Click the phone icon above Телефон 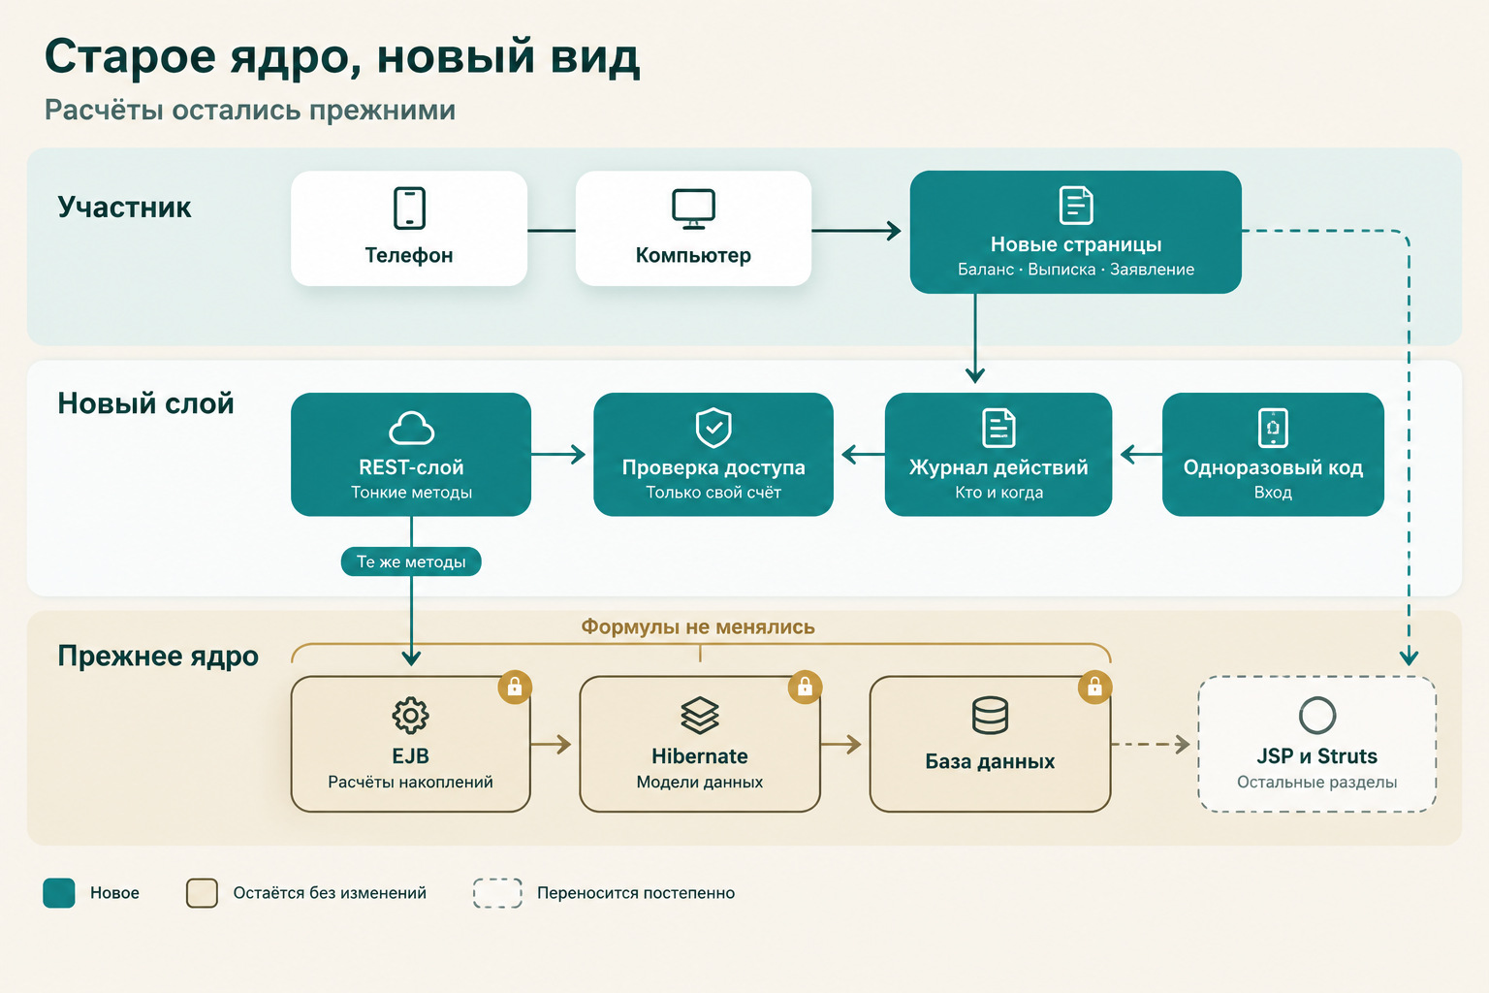(409, 208)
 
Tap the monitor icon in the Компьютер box (693, 208)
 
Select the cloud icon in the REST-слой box (411, 428)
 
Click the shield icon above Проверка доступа (713, 427)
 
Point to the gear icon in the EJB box (410, 715)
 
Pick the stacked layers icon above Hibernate (700, 715)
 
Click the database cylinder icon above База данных (990, 715)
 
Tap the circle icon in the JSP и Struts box (1316, 715)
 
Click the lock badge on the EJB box (515, 687)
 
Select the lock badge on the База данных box (1094, 687)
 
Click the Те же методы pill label (411, 561)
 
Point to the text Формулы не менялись (698, 626)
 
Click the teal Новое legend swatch (58, 892)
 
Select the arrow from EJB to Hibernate (551, 744)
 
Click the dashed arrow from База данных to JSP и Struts (1151, 744)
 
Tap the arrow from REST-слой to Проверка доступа (558, 454)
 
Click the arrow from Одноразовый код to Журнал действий (1141, 455)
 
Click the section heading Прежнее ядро (158, 656)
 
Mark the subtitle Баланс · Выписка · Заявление (1075, 270)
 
